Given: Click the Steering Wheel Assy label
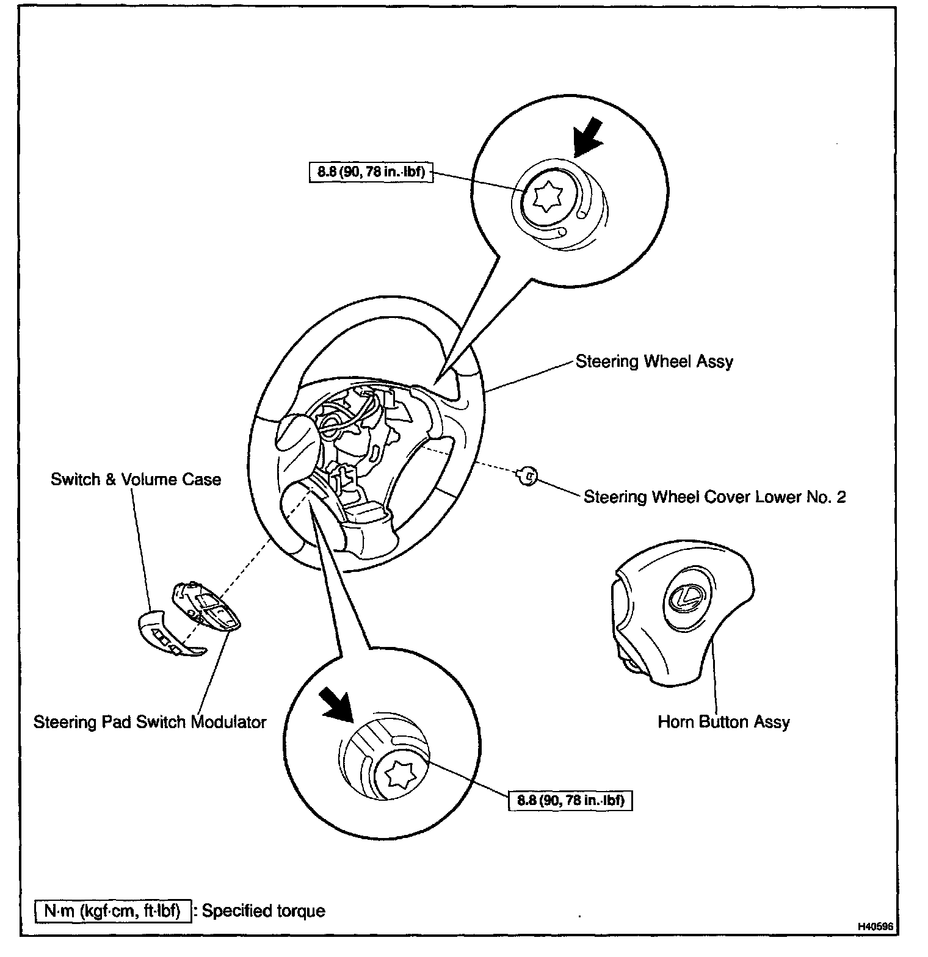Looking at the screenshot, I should click(x=654, y=361).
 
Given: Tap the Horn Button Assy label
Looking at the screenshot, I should click(x=723, y=722).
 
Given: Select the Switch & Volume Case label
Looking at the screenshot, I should click(x=136, y=479).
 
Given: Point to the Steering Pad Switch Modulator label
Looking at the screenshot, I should click(x=150, y=722).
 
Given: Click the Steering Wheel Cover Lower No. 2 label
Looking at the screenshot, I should click(x=714, y=497).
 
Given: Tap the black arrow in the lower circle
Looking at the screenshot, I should click(x=337, y=702).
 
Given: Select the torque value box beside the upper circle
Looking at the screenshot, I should click(x=371, y=172).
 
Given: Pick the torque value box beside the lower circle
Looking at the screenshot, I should click(x=570, y=800).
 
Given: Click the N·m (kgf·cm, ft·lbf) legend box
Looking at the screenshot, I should click(x=112, y=911).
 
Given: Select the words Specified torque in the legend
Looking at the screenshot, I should click(x=263, y=911).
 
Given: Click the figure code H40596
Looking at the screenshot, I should click(x=875, y=944).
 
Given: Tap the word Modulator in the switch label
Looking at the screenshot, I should click(x=229, y=722).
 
